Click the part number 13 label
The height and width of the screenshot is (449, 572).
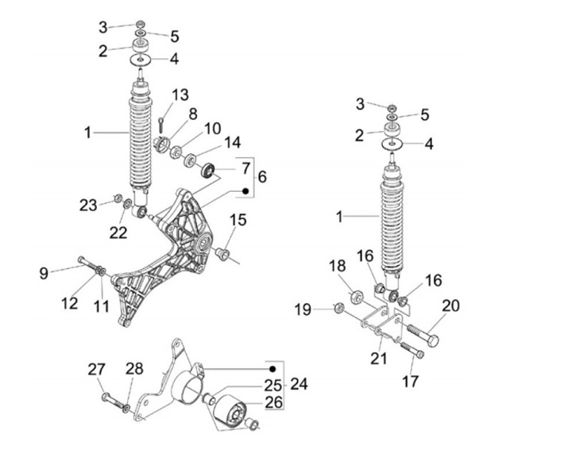point(180,95)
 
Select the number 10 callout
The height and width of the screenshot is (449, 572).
point(212,128)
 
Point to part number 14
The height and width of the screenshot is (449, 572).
point(231,143)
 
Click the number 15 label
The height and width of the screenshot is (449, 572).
point(238,220)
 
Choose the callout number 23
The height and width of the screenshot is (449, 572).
point(87,205)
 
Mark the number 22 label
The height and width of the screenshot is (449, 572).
point(118,232)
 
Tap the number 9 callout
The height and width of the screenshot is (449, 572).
point(44,274)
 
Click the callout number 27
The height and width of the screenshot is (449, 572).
point(96,370)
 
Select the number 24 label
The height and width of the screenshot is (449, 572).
point(298,384)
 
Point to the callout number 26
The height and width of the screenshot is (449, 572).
point(272,401)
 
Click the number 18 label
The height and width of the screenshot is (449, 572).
point(338,266)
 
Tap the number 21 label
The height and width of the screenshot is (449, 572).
point(378,359)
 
